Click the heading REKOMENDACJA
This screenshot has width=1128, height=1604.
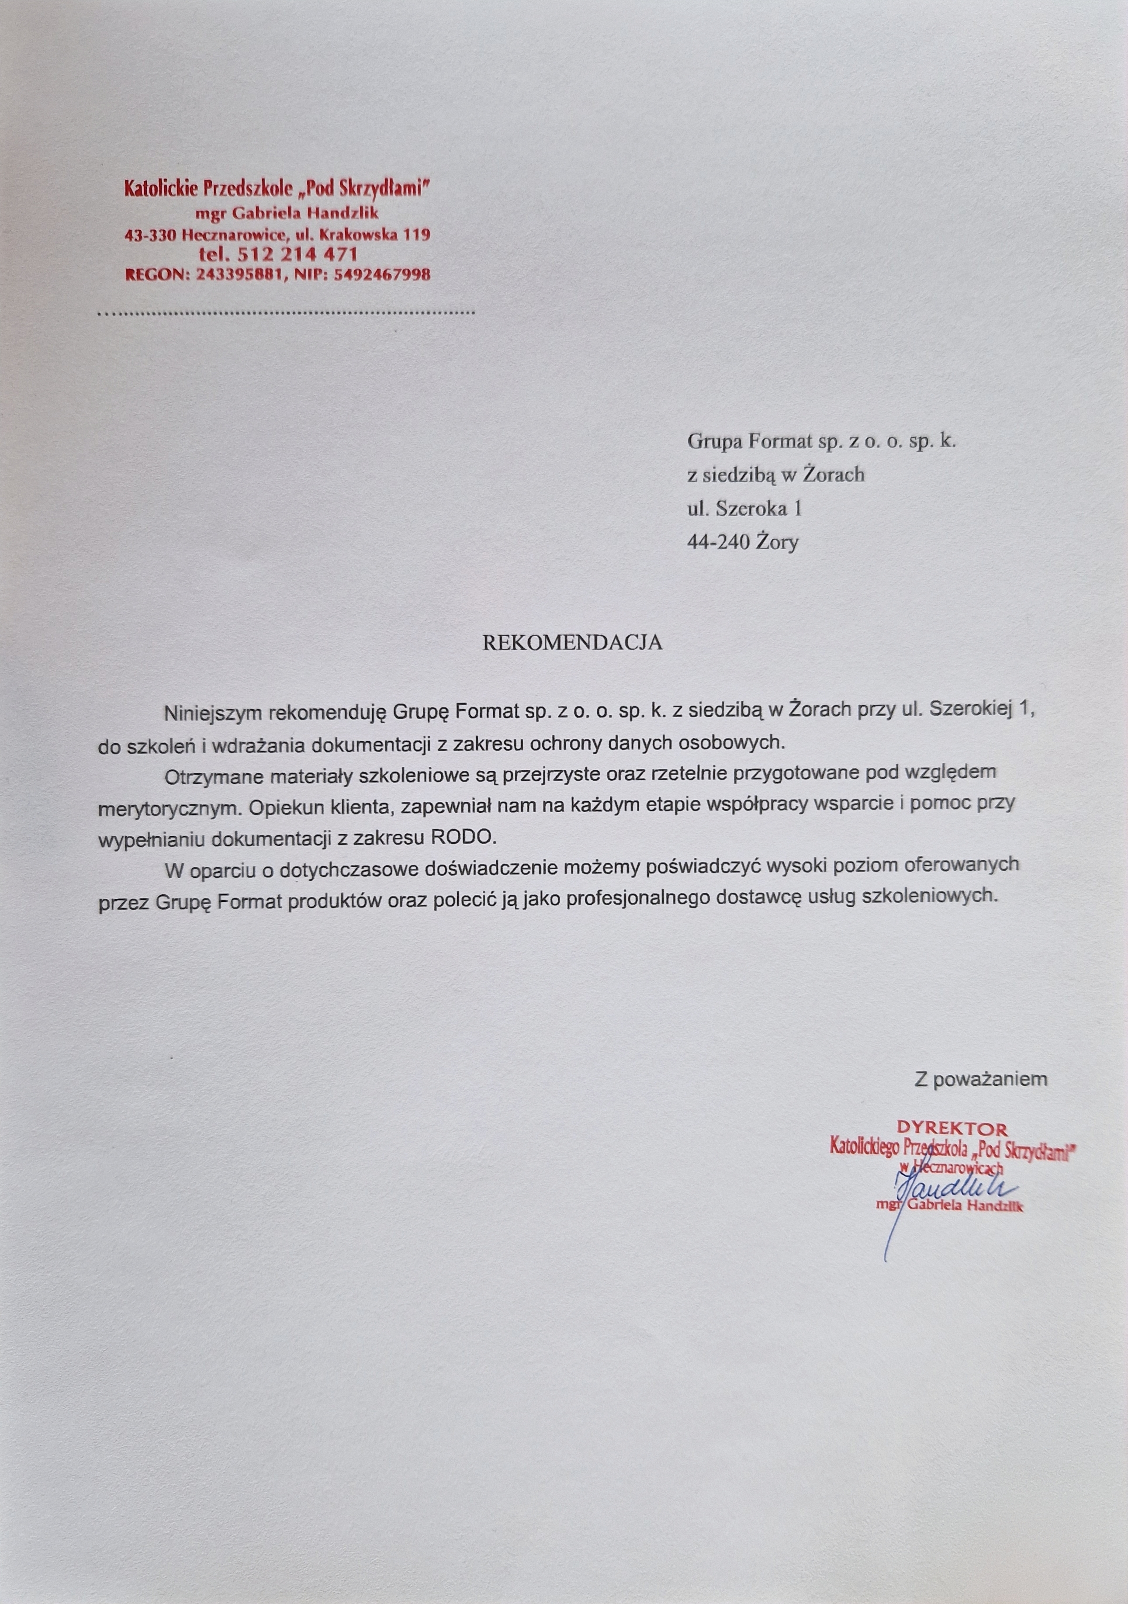(572, 643)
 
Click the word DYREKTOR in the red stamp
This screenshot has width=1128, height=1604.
(952, 1128)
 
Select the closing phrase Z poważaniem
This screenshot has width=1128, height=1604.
(981, 1079)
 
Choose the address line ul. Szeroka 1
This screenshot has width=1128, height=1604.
(744, 509)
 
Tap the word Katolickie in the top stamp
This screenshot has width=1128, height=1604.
(161, 188)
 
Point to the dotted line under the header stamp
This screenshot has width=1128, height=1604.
(286, 312)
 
